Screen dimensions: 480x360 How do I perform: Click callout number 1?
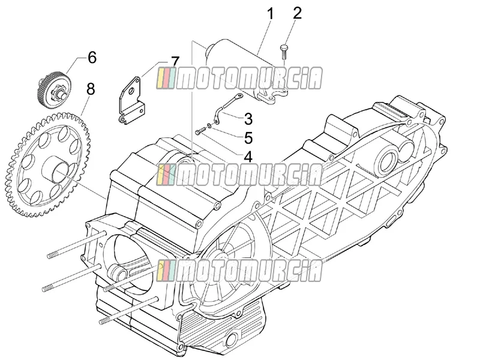click(x=271, y=14)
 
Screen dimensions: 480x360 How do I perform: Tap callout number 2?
click(x=297, y=13)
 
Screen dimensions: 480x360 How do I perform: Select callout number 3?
click(x=248, y=119)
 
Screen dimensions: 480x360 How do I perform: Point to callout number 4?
click(x=248, y=157)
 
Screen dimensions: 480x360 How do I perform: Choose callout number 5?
click(x=248, y=138)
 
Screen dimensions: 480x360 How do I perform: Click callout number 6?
click(x=92, y=57)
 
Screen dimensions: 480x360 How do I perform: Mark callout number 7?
click(x=175, y=62)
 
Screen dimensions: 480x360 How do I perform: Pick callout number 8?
click(x=91, y=89)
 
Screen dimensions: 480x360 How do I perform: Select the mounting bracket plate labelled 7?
click(x=132, y=100)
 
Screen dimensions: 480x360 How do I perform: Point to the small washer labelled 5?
click(x=209, y=125)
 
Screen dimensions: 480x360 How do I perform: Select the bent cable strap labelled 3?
click(x=227, y=109)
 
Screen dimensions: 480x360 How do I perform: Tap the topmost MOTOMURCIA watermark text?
click(x=239, y=79)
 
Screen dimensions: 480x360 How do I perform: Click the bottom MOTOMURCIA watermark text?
click(x=239, y=271)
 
